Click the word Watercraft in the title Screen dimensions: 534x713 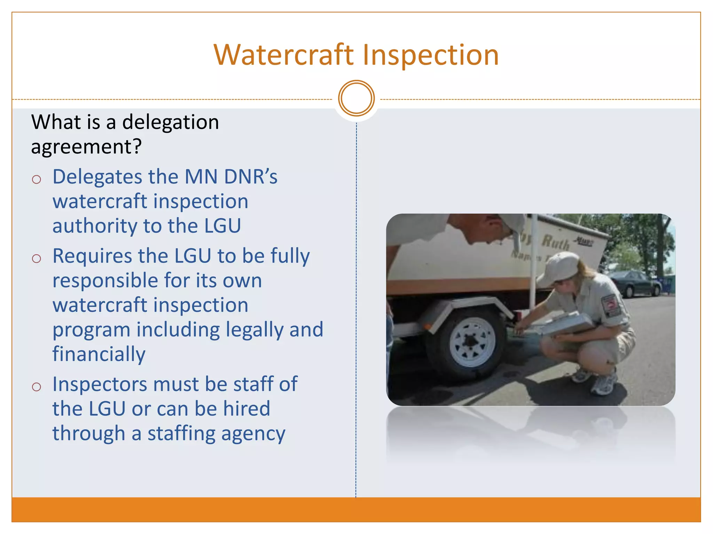pos(283,55)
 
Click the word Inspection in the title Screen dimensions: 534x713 pos(431,55)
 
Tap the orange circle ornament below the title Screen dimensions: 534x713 pos(356,98)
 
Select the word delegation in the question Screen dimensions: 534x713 pos(171,122)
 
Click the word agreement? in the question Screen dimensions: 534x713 pos(86,147)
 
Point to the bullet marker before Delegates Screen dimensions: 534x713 pos(37,179)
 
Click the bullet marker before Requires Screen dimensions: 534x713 pos(37,259)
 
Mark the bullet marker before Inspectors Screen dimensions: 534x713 pos(37,387)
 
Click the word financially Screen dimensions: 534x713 pos(99,354)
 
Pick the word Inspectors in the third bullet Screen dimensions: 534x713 pos(100,384)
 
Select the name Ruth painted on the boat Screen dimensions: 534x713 pos(556,242)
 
